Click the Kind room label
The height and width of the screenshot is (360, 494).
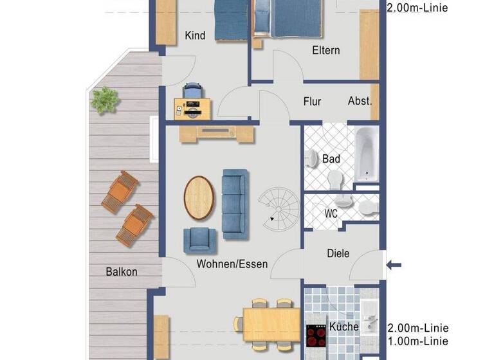(195, 35)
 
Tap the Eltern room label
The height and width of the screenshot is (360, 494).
(326, 50)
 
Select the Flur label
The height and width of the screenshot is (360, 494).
(312, 101)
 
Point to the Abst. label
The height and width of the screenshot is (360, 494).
(360, 101)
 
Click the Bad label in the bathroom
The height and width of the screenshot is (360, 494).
(331, 159)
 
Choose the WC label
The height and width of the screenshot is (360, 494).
(331, 213)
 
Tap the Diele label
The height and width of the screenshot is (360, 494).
(338, 253)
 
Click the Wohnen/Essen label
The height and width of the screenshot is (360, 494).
(232, 264)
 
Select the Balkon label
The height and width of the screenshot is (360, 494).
(122, 271)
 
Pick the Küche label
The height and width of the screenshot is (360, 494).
(343, 327)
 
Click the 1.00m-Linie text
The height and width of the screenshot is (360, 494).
(417, 341)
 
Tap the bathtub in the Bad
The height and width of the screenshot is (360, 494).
(367, 154)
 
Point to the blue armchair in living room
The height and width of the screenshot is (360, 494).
(199, 240)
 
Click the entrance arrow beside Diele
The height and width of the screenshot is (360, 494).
(393, 264)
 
